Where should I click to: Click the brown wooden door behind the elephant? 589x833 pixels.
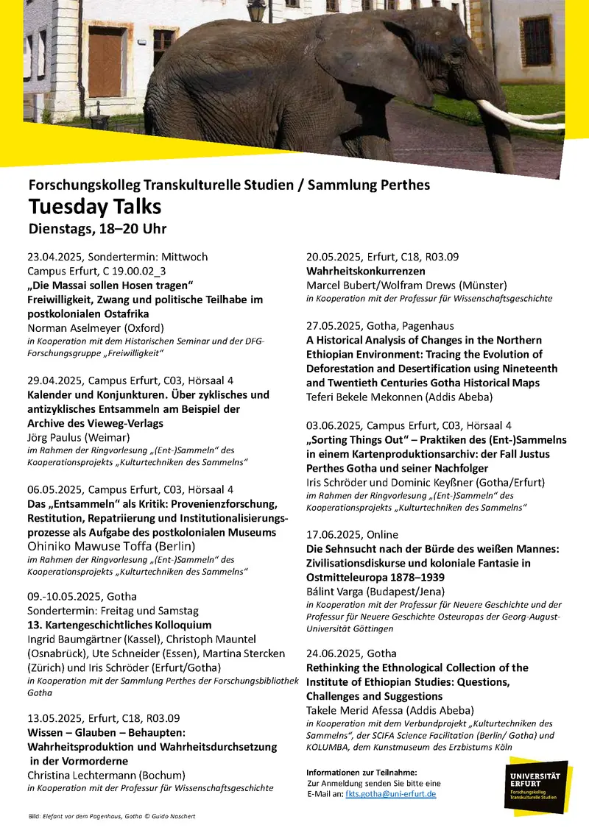[x=105, y=63]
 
